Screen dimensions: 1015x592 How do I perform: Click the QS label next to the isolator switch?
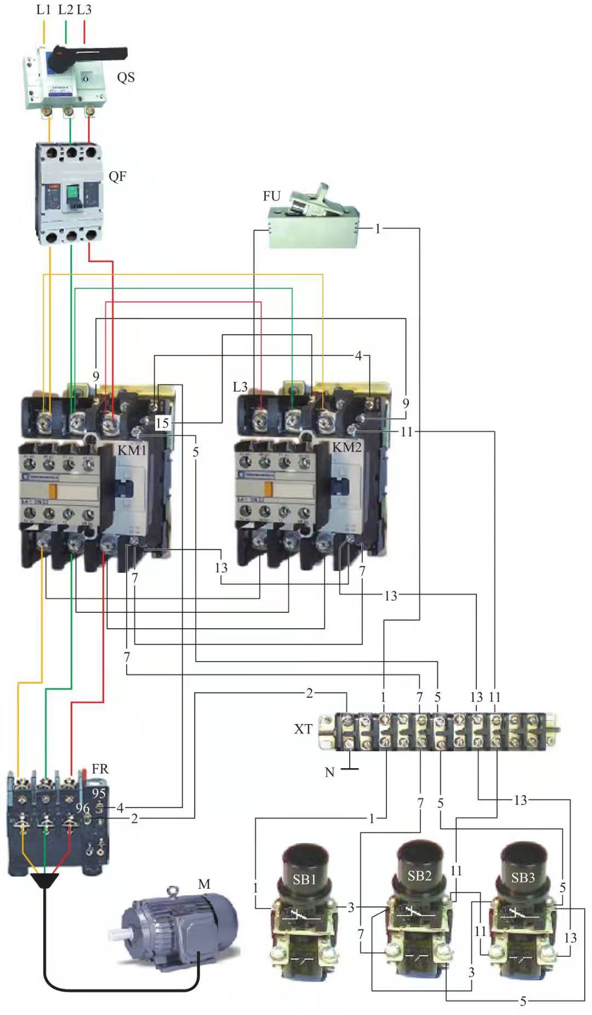[x=126, y=77]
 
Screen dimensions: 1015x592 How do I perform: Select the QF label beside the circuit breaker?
[x=117, y=176]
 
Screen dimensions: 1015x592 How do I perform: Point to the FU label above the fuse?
[x=271, y=196]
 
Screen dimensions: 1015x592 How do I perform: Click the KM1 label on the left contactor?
[x=132, y=450]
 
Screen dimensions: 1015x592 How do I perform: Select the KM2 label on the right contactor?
[x=346, y=447]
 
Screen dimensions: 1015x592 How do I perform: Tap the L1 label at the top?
[x=44, y=9]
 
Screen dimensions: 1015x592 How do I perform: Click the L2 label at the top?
[x=65, y=9]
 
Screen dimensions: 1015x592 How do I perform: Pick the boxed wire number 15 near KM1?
[x=162, y=423]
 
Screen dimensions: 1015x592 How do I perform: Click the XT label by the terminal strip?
[x=303, y=729]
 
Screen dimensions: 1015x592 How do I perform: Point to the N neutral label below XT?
[x=329, y=772]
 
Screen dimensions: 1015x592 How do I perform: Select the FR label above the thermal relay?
[x=100, y=769]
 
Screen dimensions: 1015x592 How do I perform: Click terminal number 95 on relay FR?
[x=99, y=793]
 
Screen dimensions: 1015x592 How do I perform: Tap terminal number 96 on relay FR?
[x=82, y=808]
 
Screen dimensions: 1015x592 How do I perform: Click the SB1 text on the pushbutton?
[x=304, y=879]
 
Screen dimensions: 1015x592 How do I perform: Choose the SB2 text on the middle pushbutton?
[x=419, y=876]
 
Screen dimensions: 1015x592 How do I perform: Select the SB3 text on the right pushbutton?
[x=522, y=877]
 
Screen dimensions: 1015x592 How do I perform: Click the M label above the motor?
[x=204, y=884]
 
